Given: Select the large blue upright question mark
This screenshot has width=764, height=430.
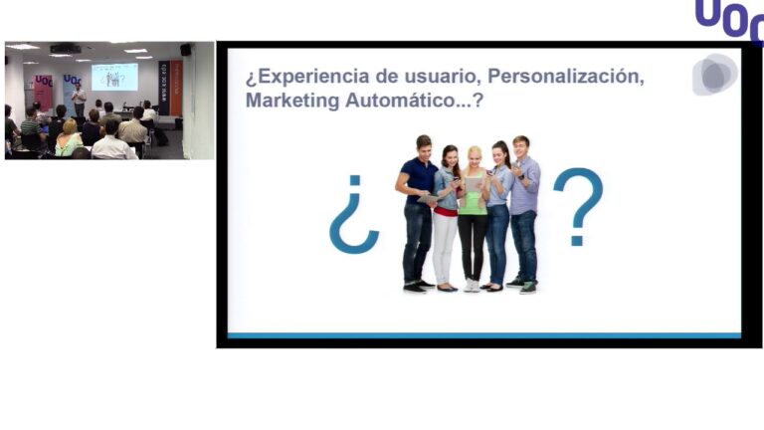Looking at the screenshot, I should pyautogui.click(x=578, y=206).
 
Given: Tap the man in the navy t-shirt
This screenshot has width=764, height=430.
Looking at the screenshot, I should pyautogui.click(x=418, y=209).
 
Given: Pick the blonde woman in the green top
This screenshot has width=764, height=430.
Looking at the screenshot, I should pyautogui.click(x=473, y=214).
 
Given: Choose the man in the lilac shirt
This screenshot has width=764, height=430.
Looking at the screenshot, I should pyautogui.click(x=523, y=209).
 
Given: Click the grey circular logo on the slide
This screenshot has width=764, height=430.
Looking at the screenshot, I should pyautogui.click(x=714, y=76).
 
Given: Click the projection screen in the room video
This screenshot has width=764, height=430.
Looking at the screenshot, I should pyautogui.click(x=114, y=78).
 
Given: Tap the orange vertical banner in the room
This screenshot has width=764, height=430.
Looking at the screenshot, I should pyautogui.click(x=175, y=88).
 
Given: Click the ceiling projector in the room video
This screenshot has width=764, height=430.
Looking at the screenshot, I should pyautogui.click(x=65, y=48).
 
